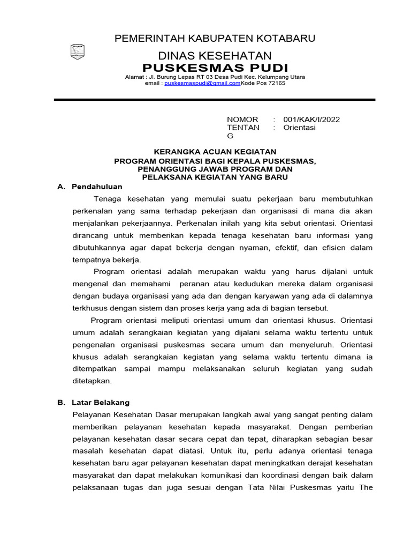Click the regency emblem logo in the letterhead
click(78, 51)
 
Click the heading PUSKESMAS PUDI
click(215, 68)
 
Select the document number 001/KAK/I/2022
click(311, 119)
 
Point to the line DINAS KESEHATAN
click(215, 56)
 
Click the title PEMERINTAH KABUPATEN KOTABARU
click(215, 38)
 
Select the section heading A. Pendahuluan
click(90, 187)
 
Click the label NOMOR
click(242, 119)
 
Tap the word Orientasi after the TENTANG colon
click(299, 128)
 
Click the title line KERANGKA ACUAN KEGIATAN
click(215, 152)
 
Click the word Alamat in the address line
click(134, 77)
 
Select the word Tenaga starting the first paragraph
click(108, 198)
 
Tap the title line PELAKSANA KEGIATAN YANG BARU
click(215, 177)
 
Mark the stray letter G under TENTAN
click(231, 136)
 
